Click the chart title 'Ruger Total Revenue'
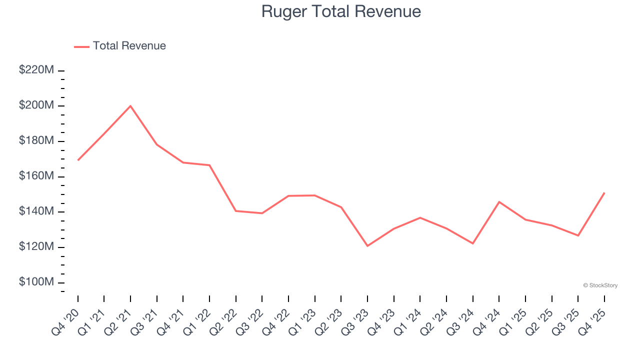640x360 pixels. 341,11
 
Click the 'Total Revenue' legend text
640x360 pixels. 129,46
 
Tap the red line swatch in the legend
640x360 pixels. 81,46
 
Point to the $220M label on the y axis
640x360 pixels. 36,70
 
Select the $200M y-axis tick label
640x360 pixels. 36,105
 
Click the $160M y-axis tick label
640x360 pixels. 36,176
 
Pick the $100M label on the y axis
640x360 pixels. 36,282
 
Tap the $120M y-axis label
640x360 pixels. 36,246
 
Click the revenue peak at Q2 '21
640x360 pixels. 130,106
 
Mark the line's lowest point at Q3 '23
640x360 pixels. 367,246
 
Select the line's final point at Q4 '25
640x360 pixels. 604,192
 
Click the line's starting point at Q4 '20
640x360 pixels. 78,160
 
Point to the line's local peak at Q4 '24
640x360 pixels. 499,202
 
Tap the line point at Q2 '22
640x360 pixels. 236,211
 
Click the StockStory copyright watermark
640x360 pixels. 600,285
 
